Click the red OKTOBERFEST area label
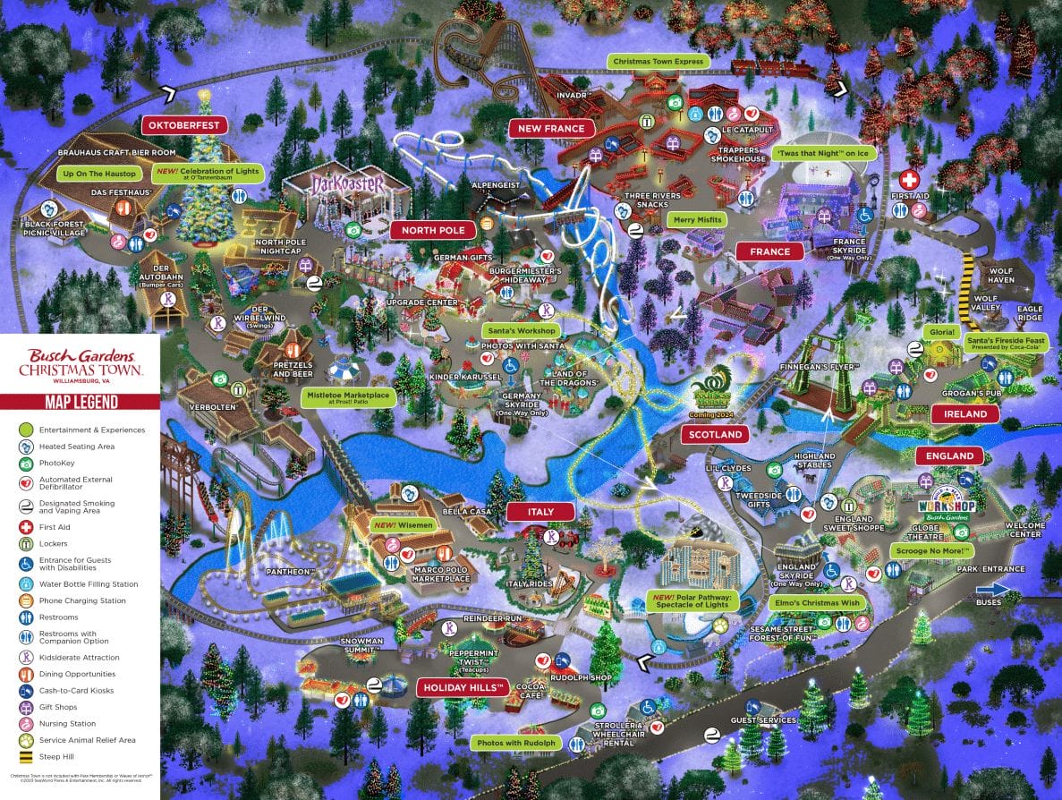pos(184,125)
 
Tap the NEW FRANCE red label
pos(551,129)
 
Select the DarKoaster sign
pos(347,184)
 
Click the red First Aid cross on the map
pos(909,179)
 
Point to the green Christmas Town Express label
pos(659,62)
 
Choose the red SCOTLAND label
pos(716,435)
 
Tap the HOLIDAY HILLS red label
pos(463,688)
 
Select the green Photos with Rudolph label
pos(516,743)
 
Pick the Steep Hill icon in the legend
pos(27,757)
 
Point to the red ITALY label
pos(540,512)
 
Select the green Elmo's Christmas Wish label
pos(818,603)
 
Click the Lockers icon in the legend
pos(27,544)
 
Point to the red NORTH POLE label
pos(433,230)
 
